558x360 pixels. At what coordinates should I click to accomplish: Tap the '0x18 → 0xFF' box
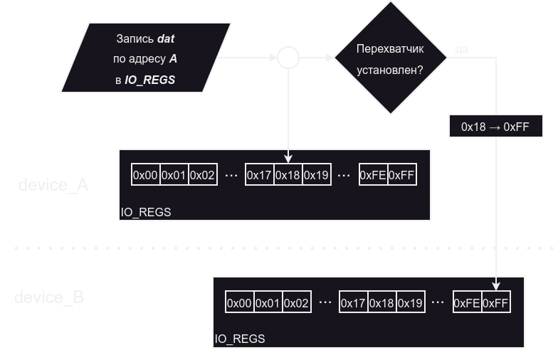496,127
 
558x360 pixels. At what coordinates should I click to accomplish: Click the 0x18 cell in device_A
288,175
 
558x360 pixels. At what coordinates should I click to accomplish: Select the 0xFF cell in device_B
495,303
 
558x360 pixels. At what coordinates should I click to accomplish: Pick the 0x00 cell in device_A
145,175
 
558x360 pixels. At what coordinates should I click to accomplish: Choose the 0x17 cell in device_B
353,303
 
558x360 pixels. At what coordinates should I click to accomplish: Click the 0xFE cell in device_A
373,175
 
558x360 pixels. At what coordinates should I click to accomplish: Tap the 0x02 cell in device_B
296,303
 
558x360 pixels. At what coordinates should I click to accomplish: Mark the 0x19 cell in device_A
316,175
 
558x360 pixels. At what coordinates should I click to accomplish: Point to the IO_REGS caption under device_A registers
145,212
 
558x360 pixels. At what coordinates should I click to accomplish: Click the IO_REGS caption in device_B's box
240,339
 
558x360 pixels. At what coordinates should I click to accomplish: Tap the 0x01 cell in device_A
174,175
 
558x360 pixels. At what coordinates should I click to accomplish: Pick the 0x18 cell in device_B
381,303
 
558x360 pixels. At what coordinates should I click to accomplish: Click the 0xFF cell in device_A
401,175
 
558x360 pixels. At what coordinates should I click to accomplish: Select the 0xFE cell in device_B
467,303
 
